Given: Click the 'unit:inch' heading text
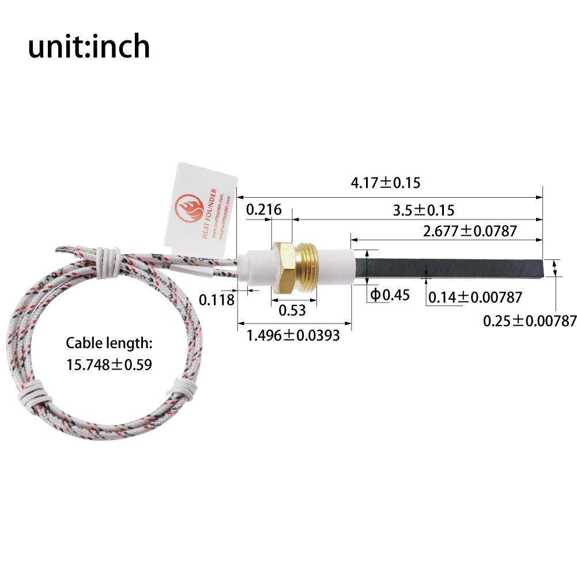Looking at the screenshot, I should pyautogui.click(x=89, y=47).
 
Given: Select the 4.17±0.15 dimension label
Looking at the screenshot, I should pyautogui.click(x=386, y=183).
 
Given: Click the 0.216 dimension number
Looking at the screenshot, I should pyautogui.click(x=264, y=210).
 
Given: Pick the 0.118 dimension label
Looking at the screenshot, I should pyautogui.click(x=217, y=300).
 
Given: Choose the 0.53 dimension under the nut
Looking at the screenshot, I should pyautogui.click(x=292, y=311).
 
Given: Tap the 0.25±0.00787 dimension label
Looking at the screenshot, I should pyautogui.click(x=530, y=320).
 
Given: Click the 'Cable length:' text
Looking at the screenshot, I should pyautogui.click(x=109, y=344).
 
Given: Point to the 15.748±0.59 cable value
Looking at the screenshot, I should pyautogui.click(x=109, y=364).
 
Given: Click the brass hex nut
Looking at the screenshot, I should pyautogui.click(x=282, y=268).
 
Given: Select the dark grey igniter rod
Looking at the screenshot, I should pyautogui.click(x=450, y=270).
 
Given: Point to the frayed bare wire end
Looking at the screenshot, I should pyautogui.click(x=63, y=250).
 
